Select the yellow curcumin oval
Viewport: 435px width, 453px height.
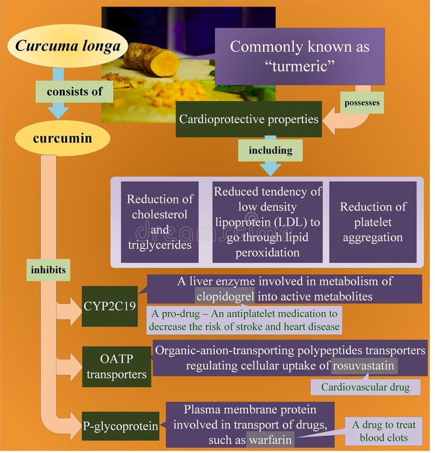coord(62,138)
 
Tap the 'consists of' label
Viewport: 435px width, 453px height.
coord(74,92)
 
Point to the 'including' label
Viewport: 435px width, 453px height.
coord(270,150)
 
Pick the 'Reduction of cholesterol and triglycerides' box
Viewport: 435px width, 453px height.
coord(160,222)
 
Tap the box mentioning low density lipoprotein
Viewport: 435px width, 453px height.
coord(267,222)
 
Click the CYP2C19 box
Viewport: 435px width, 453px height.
coord(109,306)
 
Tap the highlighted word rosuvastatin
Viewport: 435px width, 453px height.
coord(364,365)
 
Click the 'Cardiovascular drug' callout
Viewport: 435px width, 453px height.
coord(366,387)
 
